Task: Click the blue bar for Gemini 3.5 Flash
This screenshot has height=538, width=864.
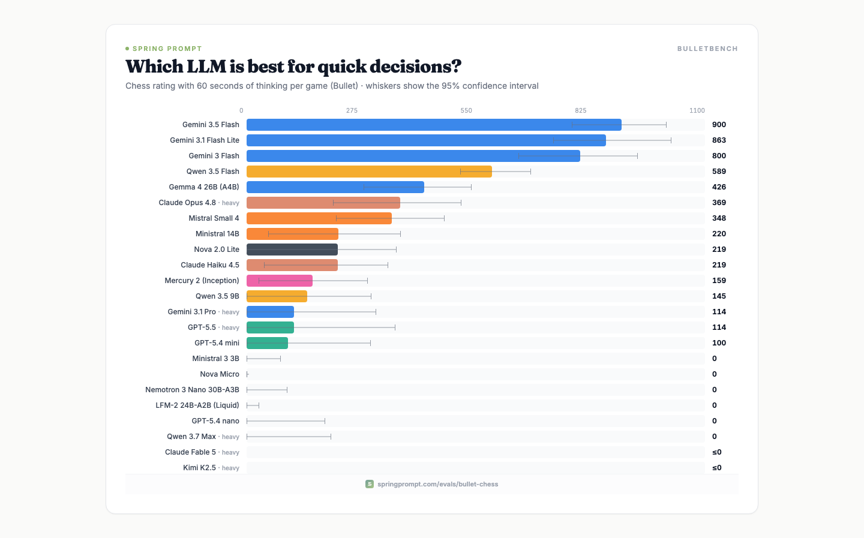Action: tap(434, 125)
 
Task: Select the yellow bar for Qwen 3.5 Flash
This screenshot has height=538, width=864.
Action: tap(369, 171)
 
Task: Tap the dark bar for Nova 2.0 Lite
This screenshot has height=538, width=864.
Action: tap(292, 249)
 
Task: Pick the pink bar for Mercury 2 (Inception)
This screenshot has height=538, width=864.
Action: tap(280, 280)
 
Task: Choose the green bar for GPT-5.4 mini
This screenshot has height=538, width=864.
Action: tap(268, 343)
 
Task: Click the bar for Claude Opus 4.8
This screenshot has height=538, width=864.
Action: tap(323, 203)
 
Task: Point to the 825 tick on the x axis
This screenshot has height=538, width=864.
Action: tap(581, 111)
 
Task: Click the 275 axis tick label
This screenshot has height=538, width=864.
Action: tap(352, 111)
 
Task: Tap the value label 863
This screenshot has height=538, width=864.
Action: tap(719, 140)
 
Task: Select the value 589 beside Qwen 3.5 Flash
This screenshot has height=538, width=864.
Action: tap(719, 171)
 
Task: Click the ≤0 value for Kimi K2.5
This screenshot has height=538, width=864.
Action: tap(716, 468)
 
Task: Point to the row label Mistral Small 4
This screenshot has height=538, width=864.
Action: tap(214, 218)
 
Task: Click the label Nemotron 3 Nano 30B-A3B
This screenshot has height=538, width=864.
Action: tap(192, 389)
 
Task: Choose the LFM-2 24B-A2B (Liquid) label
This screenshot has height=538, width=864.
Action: tap(197, 405)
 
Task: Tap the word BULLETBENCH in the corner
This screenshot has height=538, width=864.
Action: tap(707, 49)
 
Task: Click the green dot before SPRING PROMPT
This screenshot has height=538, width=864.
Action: tap(127, 49)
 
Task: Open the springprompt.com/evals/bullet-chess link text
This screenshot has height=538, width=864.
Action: tap(438, 484)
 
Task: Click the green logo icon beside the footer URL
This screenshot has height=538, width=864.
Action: tap(370, 484)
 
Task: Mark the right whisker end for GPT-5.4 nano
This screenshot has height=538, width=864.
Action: tap(325, 421)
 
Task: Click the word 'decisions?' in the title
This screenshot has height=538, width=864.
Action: tap(415, 67)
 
